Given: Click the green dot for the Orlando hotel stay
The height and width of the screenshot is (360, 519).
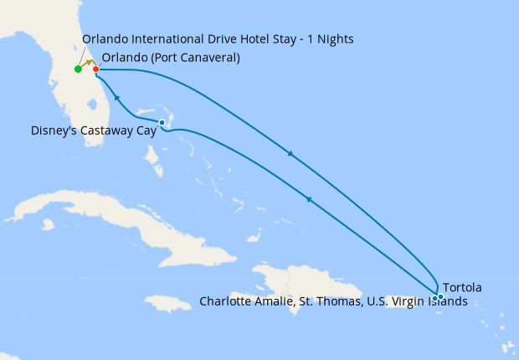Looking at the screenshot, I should pyautogui.click(x=78, y=69).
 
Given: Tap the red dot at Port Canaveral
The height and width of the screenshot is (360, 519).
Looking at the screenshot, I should pyautogui.click(x=95, y=69).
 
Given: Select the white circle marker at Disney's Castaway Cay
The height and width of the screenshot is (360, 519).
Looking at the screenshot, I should pyautogui.click(x=162, y=123).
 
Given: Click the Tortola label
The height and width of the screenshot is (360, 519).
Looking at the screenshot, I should pyautogui.click(x=461, y=288).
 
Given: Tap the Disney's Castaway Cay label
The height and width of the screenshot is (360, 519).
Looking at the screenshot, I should pyautogui.click(x=93, y=131).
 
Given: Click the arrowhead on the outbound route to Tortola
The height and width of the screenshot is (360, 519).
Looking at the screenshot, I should pyautogui.click(x=290, y=154).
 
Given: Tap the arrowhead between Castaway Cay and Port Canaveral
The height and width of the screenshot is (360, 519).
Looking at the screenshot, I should pyautogui.click(x=117, y=98).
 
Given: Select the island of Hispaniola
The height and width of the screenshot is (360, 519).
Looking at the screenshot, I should pyautogui.click(x=301, y=289).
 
